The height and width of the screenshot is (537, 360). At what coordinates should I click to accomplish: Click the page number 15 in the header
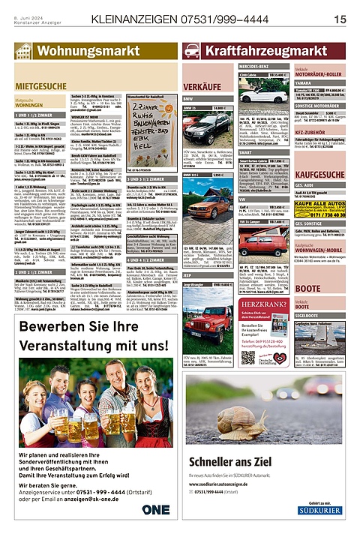pyautogui.click(x=339, y=18)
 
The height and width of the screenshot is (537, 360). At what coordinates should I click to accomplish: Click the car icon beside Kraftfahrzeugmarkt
pyautogui.click(x=192, y=51)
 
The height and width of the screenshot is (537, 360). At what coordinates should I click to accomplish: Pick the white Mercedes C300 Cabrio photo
pyautogui.click(x=259, y=98)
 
